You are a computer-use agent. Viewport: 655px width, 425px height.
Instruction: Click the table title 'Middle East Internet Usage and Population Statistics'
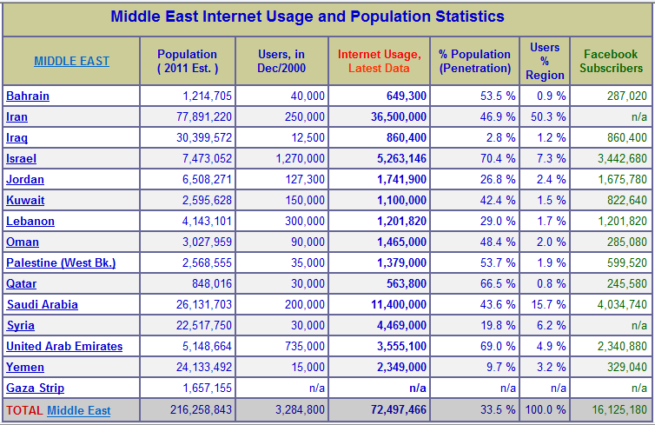coord(308,17)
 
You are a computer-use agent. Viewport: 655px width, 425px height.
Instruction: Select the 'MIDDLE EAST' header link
coord(71,61)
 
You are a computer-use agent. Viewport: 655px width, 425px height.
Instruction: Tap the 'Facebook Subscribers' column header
coord(611,61)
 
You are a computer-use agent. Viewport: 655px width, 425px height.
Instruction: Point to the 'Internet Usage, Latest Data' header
coord(379,61)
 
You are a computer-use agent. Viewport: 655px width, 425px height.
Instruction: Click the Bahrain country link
coord(28,96)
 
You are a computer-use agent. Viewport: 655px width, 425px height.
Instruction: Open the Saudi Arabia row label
coord(42,304)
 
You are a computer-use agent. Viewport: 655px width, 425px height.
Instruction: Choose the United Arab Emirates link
coord(64,346)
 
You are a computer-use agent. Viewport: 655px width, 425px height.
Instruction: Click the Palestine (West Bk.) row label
coord(61,262)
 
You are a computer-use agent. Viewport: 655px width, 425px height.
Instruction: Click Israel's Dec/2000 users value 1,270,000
coord(300,158)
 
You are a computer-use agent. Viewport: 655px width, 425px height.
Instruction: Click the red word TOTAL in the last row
coord(24,410)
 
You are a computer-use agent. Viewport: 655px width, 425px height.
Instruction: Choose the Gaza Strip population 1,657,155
coord(209,388)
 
